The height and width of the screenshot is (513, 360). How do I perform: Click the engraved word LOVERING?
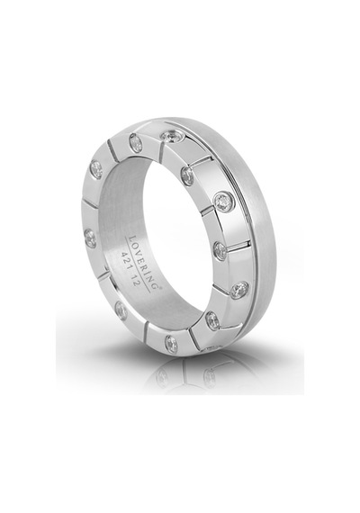tap(145, 261)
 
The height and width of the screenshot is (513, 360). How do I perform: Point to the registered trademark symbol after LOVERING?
tap(160, 285)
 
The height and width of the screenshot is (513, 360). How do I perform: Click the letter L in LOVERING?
tap(133, 238)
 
